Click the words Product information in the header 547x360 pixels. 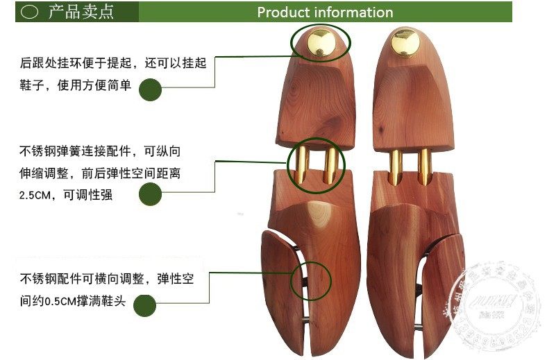coord(325,12)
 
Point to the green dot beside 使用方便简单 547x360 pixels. coord(151,89)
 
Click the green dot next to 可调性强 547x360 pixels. coord(151,196)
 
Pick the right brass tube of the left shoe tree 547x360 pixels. coord(333,166)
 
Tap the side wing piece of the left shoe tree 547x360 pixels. coord(279,291)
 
